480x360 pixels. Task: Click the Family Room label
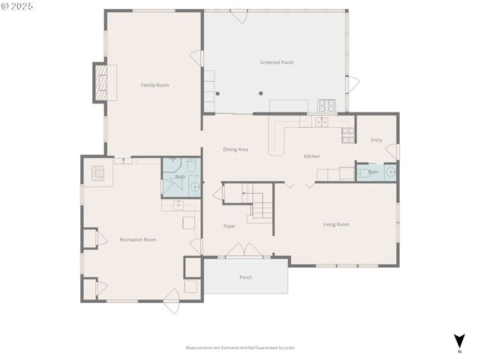pyautogui.click(x=154, y=85)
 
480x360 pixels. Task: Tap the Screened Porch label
pyautogui.click(x=276, y=62)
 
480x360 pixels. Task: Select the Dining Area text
pyautogui.click(x=235, y=149)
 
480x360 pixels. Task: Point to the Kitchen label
pyautogui.click(x=311, y=156)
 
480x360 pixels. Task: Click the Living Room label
pyautogui.click(x=336, y=224)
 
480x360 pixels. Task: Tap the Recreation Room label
pyautogui.click(x=138, y=239)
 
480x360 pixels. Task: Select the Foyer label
pyautogui.click(x=229, y=226)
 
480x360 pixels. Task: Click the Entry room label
pyautogui.click(x=376, y=140)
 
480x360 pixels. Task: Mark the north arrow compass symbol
pyautogui.click(x=458, y=341)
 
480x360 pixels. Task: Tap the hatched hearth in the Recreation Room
pyautogui.click(x=98, y=174)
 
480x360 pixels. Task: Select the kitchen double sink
pyautogui.click(x=322, y=121)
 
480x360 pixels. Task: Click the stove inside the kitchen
pyautogui.click(x=348, y=135)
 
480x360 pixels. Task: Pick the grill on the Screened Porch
pyautogui.click(x=326, y=106)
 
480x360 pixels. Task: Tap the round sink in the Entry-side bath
pyautogui.click(x=389, y=172)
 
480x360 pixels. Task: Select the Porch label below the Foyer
pyautogui.click(x=245, y=277)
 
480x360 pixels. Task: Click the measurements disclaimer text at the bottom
pyautogui.click(x=240, y=348)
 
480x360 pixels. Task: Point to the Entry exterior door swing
pyautogui.click(x=391, y=152)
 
